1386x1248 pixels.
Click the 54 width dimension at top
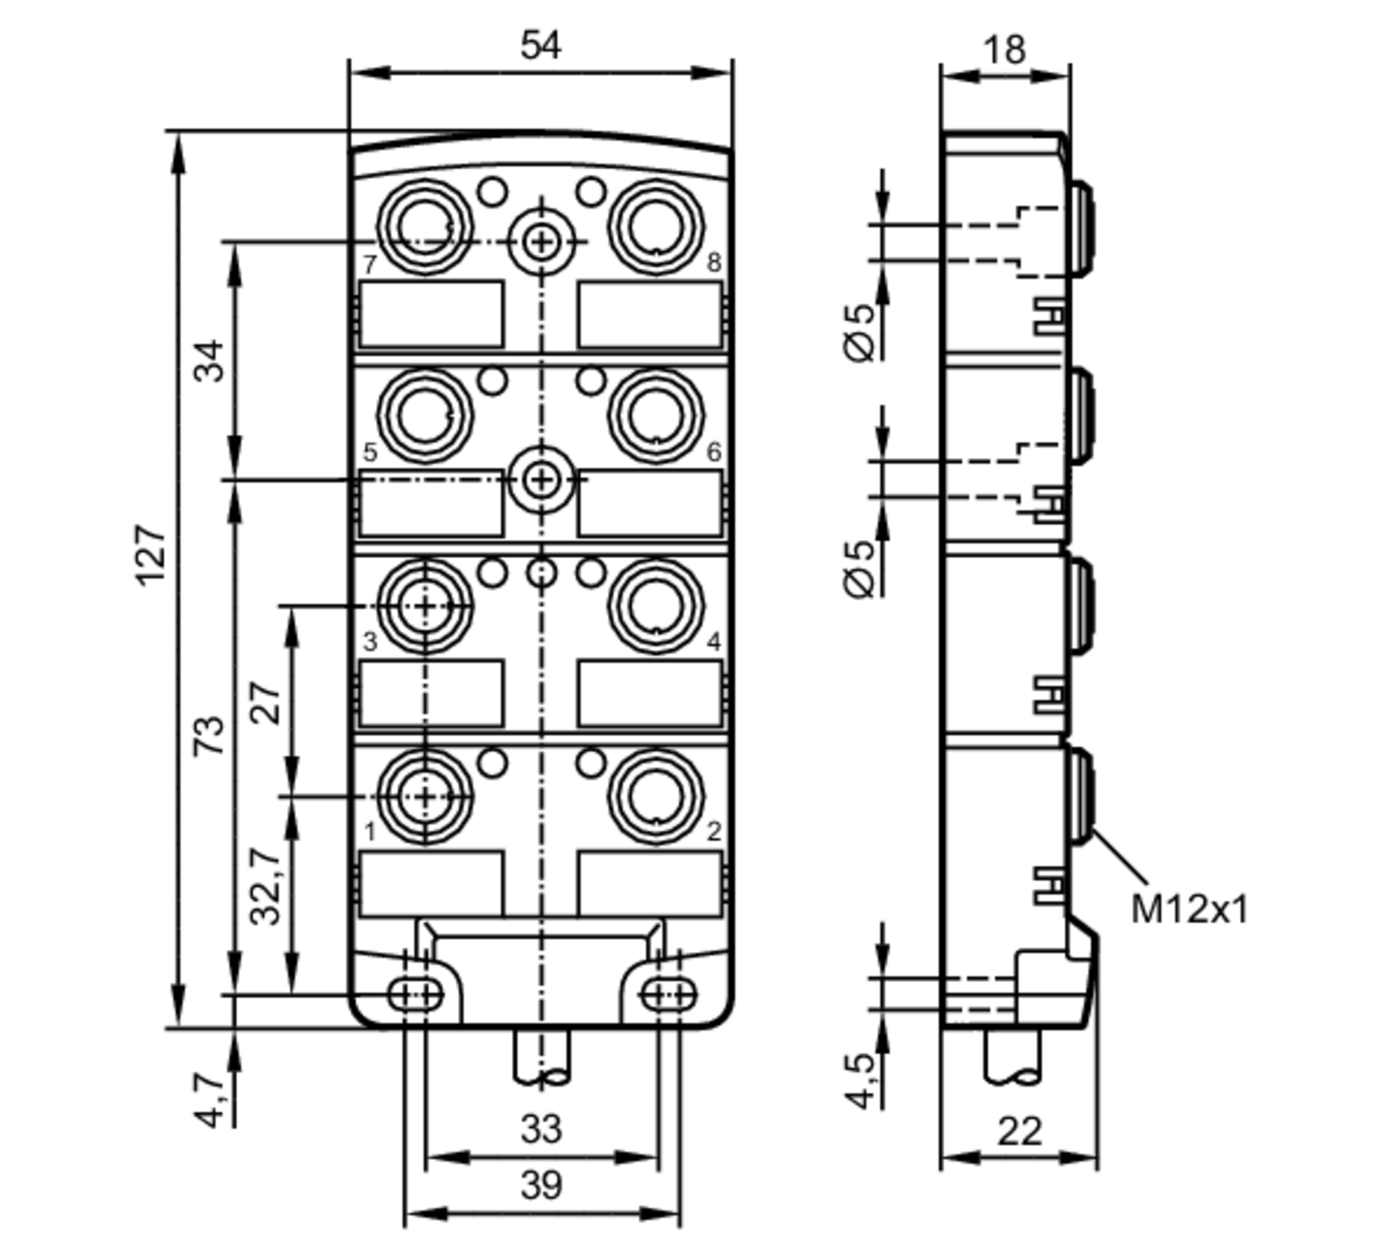[x=541, y=46]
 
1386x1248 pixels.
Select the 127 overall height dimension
[x=151, y=556]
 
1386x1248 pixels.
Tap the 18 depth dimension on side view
[x=1004, y=50]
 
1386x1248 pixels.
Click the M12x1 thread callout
[x=1188, y=909]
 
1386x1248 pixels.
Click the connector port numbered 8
[x=656, y=227]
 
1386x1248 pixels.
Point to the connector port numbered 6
[x=656, y=416]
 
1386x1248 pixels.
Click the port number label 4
[x=713, y=642]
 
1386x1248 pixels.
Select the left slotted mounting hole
[x=414, y=996]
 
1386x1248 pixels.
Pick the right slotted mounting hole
[x=667, y=996]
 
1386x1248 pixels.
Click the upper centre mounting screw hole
[x=541, y=242]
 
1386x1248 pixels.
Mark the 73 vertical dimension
[x=209, y=735]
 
